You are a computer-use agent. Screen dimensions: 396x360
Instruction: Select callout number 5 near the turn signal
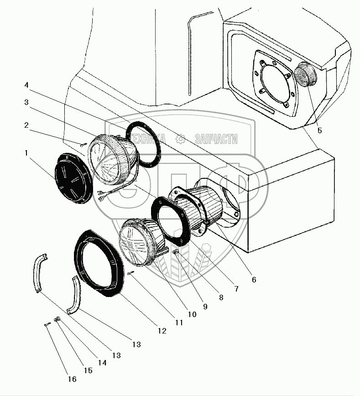pyautogui.click(x=319, y=130)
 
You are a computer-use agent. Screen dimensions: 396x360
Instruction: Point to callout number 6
pyautogui.click(x=253, y=279)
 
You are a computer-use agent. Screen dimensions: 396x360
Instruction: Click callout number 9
pyautogui.click(x=205, y=307)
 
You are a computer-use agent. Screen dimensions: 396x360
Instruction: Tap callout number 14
pyautogui.click(x=102, y=363)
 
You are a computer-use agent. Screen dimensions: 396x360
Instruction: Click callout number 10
pyautogui.click(x=191, y=314)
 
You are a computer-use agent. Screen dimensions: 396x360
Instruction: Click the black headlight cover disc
pyautogui.click(x=73, y=176)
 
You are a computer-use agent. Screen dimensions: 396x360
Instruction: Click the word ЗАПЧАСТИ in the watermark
pyautogui.click(x=216, y=139)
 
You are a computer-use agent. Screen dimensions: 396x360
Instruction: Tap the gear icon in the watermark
pyautogui.click(x=180, y=138)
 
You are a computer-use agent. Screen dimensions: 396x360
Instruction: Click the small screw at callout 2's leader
pyautogui.click(x=83, y=145)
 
